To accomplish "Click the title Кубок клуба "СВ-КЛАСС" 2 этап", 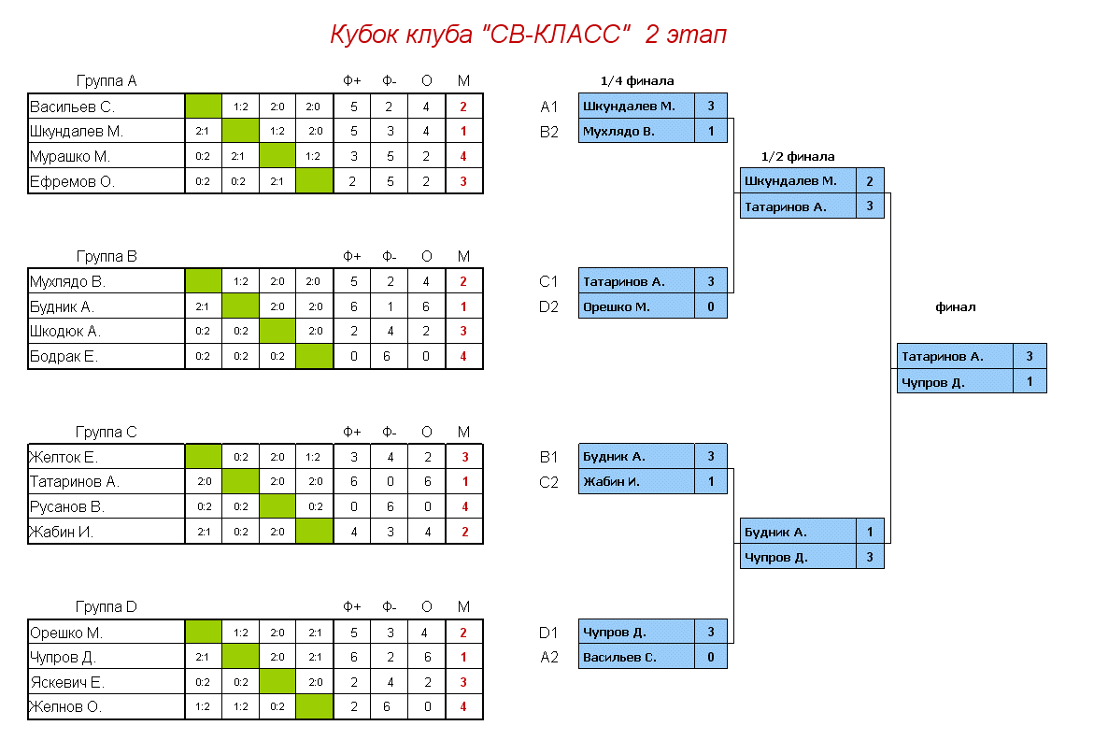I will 528,36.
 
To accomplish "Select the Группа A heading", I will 107,81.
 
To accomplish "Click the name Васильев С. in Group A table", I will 72,107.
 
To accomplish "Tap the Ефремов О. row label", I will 72,181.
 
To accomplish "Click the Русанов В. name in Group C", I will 66,506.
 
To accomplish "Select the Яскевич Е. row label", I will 66,682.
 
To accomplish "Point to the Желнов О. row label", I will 65,706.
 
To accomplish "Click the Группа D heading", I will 107,607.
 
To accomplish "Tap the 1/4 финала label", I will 636,81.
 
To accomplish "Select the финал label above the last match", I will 955,306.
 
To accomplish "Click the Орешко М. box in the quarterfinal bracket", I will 636,306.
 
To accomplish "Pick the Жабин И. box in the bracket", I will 636,482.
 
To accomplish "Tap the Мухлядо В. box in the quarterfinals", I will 636,131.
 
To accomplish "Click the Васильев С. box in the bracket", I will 636,657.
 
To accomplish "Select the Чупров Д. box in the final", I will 954,381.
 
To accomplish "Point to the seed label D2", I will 548,306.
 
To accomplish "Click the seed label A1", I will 548,107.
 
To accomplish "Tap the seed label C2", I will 548,482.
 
